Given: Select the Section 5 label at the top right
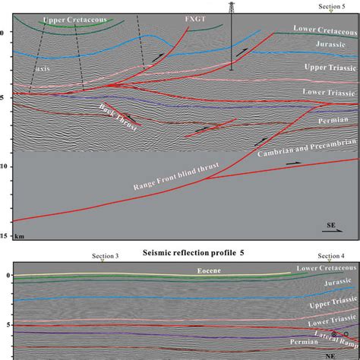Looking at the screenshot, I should pos(332,6).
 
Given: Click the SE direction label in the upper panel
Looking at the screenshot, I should pos(332,226).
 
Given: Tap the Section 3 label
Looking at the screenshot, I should pos(105,257).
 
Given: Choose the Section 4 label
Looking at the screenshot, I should pos(332,257).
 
